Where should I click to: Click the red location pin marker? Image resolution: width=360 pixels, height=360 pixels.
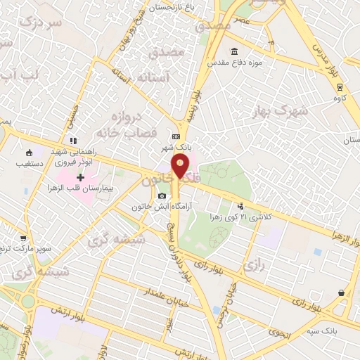[x=181, y=167]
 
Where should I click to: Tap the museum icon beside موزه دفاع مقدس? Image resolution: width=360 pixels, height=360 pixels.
[x=235, y=51]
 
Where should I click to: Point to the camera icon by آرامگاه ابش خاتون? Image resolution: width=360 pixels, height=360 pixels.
[x=162, y=195]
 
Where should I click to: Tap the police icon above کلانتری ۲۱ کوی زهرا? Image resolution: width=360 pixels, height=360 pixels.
[x=242, y=206]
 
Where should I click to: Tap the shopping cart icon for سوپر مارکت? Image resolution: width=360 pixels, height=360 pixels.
[x=23, y=238]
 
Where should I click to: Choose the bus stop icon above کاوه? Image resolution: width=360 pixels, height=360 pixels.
[x=340, y=87]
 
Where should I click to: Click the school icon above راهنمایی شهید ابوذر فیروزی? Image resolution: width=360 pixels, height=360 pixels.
[x=73, y=141]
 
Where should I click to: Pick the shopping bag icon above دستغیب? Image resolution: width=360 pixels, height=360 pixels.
[x=29, y=153]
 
